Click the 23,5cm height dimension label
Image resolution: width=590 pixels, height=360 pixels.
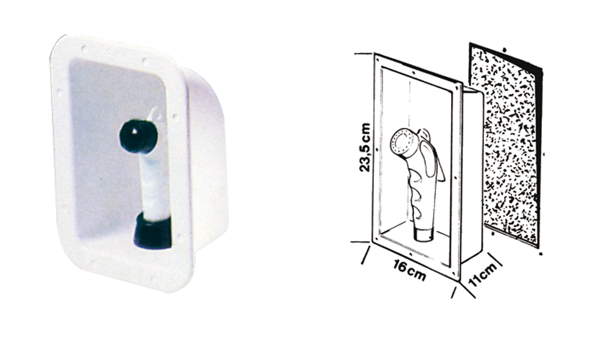[x=365, y=147]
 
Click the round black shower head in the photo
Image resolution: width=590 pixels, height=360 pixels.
[x=138, y=136]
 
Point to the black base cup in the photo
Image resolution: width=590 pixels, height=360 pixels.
[x=152, y=231]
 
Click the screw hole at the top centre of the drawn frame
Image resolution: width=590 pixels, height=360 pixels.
[x=413, y=71]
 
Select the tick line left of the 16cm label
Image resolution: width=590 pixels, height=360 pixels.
[x=365, y=255]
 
